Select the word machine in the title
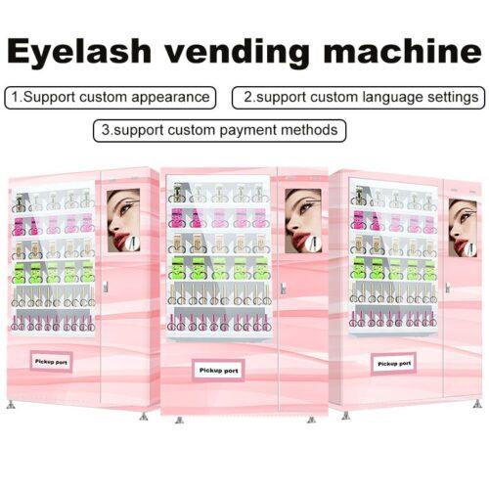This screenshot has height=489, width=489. [x=402, y=50]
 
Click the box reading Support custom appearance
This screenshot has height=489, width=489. [x=110, y=98]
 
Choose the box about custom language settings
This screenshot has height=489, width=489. [x=358, y=98]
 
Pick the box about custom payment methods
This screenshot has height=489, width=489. [x=219, y=130]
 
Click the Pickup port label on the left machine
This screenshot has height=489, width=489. [x=51, y=362]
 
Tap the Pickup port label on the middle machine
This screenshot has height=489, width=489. [x=218, y=371]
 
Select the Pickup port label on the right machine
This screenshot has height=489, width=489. [x=394, y=364]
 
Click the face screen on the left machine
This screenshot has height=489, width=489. [x=123, y=220]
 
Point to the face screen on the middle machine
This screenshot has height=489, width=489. [x=303, y=221]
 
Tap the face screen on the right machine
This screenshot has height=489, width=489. [x=463, y=228]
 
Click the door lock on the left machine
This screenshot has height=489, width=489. [x=105, y=287]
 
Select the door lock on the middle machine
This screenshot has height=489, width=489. [x=283, y=289]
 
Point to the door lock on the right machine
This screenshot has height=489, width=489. [x=448, y=288]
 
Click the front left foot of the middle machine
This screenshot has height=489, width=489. [x=179, y=420]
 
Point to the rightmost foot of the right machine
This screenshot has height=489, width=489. [x=477, y=403]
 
